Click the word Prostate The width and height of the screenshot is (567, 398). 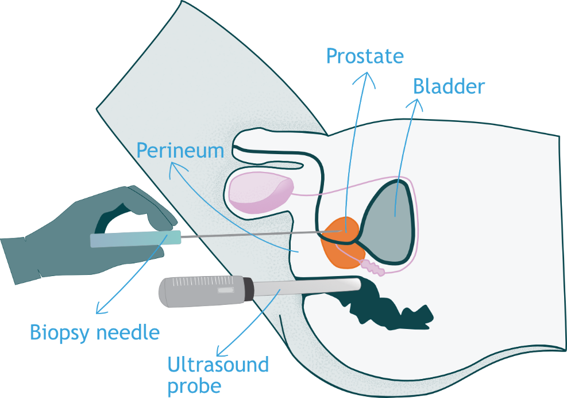click(365, 56)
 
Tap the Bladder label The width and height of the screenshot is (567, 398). click(449, 87)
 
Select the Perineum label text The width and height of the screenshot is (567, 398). click(180, 151)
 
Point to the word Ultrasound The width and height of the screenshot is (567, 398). click(218, 364)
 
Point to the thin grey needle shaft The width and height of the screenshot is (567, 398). click(253, 234)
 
